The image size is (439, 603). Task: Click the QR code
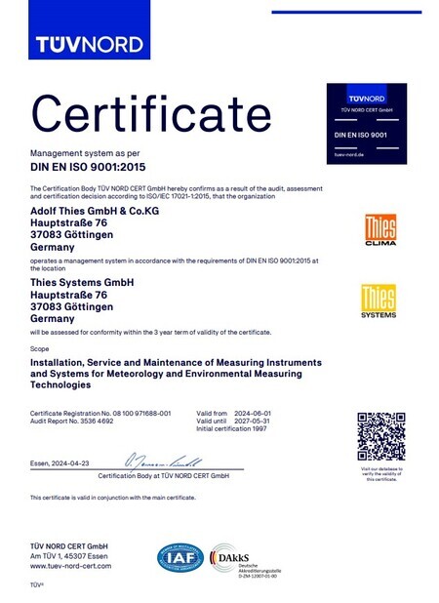[x=379, y=436]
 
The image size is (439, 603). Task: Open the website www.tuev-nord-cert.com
[x=70, y=566]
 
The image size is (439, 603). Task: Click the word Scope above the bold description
[x=39, y=347]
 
